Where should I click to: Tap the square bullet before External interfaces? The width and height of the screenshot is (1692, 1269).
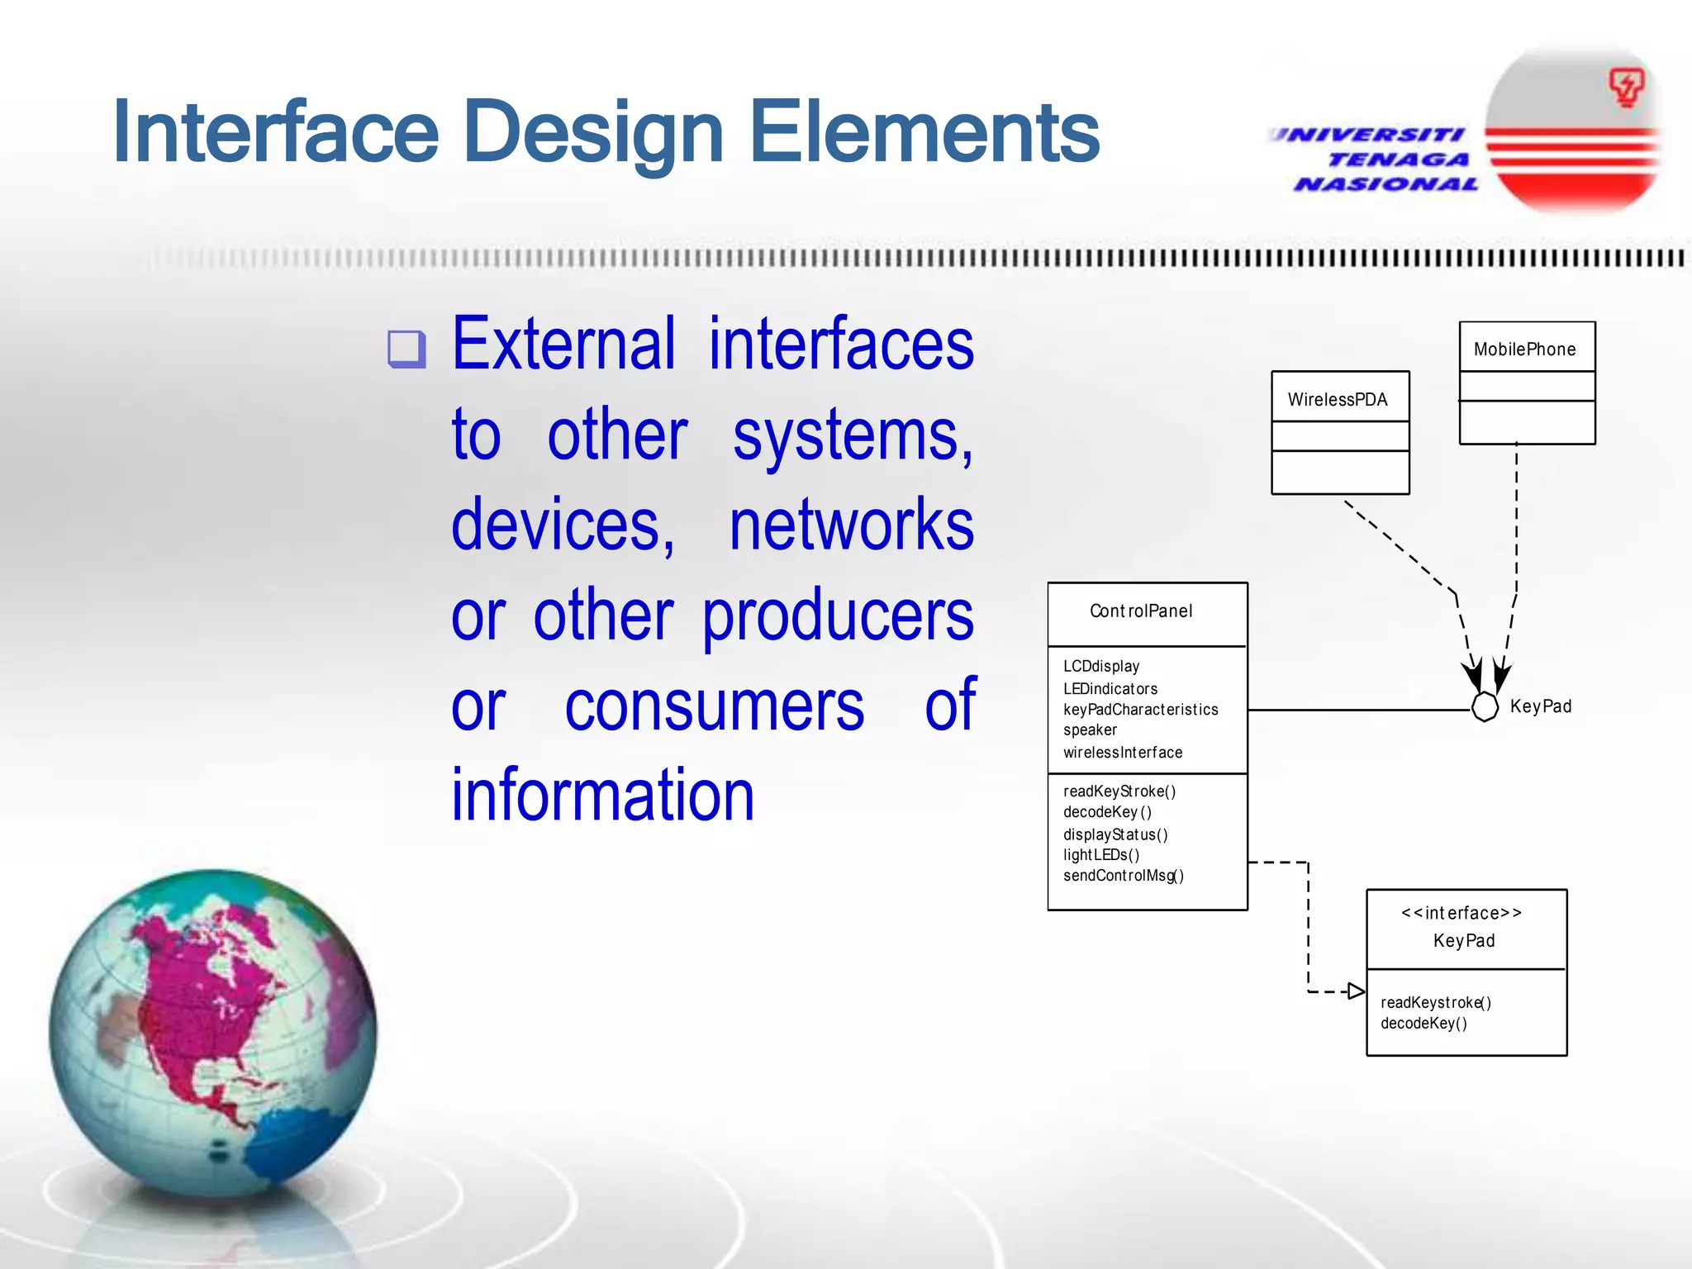406,349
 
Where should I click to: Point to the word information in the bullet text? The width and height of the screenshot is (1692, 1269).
602,795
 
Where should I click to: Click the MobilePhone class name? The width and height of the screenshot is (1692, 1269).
1524,349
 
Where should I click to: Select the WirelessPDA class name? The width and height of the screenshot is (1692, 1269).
1337,400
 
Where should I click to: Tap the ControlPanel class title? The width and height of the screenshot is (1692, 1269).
1141,611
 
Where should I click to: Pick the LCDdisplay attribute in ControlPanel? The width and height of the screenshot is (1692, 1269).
1100,666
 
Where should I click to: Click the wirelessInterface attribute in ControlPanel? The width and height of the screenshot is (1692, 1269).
1122,753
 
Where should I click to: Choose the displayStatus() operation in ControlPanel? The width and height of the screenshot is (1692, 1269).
1115,834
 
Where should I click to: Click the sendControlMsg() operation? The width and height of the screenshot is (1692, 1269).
1123,876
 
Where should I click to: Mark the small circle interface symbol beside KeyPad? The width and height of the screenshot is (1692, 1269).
1485,707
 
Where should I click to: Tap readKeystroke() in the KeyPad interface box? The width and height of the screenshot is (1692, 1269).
1435,1003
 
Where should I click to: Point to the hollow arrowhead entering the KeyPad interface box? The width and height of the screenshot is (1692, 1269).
1356,991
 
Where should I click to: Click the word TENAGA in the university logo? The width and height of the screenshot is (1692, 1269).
1399,159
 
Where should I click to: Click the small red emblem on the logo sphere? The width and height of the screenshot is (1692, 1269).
1625,87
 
